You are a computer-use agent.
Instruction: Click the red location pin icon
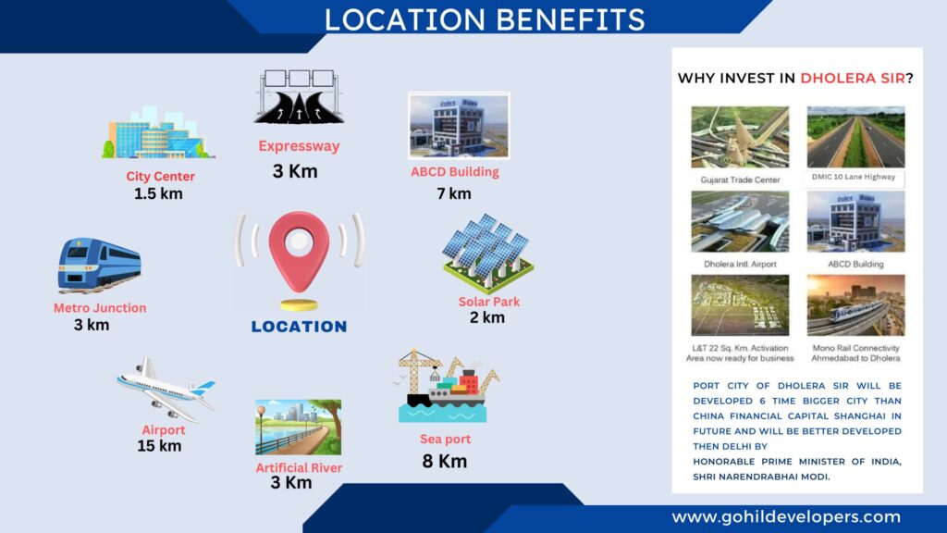pos(299,251)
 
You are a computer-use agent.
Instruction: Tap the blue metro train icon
pos(100,265)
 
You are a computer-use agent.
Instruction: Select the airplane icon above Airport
pos(166,390)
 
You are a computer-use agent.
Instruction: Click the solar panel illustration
pos(488,253)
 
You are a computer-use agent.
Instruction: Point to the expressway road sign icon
pos(299,96)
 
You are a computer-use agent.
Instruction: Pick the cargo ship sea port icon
pos(448,386)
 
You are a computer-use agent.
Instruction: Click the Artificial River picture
pos(299,427)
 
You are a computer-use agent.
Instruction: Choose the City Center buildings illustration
pos(157,133)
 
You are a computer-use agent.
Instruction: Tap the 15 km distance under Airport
pos(159,446)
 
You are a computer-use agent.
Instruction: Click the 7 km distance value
pos(453,193)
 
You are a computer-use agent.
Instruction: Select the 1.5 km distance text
pos(158,193)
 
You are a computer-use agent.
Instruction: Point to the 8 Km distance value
pos(445,461)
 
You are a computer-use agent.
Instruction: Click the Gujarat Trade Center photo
pos(740,137)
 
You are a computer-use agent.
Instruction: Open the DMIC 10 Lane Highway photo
pos(855,137)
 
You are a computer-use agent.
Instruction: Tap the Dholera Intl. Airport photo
pos(740,221)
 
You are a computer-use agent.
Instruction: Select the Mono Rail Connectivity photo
pos(855,305)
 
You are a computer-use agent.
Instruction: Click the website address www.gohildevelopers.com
pos(786,517)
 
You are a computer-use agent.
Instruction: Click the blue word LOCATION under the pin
pos(299,327)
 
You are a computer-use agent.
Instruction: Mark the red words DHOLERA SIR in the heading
pos(853,78)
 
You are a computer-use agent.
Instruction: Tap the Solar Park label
pos(488,302)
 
